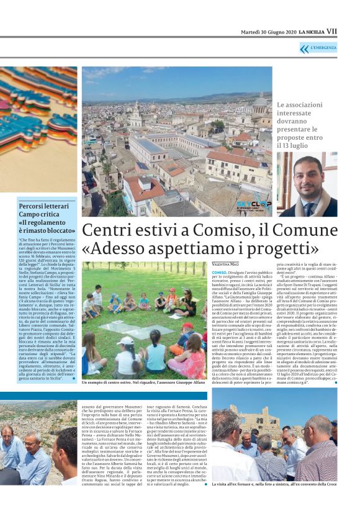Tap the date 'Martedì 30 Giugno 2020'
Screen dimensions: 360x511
tap(267, 32)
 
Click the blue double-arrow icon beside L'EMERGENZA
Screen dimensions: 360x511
tap(304, 48)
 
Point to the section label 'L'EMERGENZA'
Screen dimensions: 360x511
tap(324, 48)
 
